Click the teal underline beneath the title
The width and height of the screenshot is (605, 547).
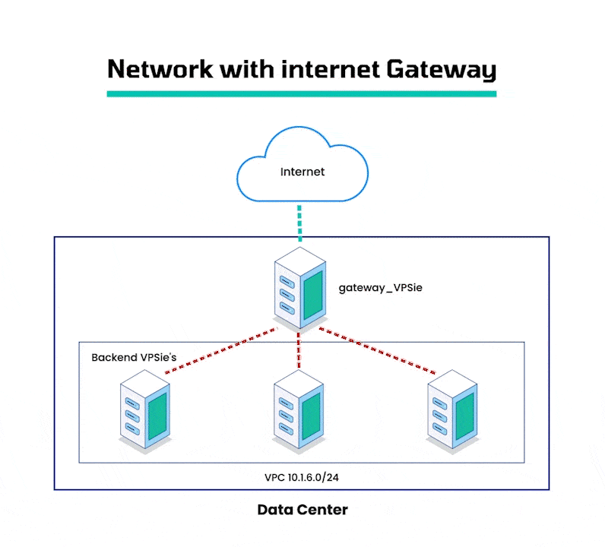click(302, 93)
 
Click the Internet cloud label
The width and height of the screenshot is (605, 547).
click(302, 172)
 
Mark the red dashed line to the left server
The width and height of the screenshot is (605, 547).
click(220, 351)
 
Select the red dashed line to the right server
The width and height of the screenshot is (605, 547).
click(378, 351)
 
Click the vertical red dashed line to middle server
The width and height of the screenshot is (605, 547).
click(299, 351)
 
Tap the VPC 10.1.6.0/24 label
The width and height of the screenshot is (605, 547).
click(302, 478)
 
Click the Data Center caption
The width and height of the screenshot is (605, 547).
click(302, 510)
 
